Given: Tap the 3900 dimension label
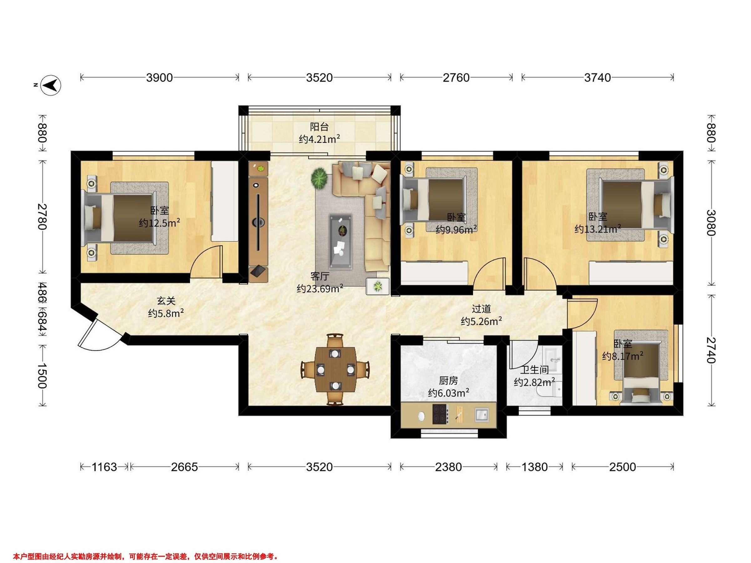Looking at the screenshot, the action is [x=159, y=78].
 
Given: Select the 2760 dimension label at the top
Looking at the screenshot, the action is [x=456, y=78].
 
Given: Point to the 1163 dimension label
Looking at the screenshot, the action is [x=104, y=467].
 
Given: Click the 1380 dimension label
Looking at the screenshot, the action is [x=534, y=467].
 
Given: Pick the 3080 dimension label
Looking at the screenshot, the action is [x=711, y=223].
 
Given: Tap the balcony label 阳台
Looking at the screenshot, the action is [x=319, y=127].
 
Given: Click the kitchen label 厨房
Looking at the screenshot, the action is [x=448, y=381].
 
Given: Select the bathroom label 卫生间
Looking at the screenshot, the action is [x=534, y=370].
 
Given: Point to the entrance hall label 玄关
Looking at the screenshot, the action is [x=166, y=301].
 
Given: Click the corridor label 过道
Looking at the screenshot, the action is [x=481, y=309].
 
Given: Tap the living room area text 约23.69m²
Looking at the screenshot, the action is [x=319, y=288].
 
